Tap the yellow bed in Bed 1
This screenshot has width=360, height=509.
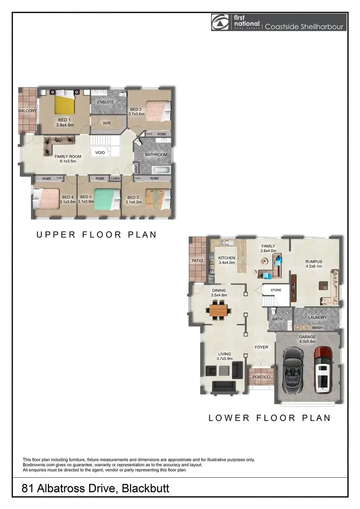pos(63,104)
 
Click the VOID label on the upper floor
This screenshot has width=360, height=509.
pos(100,153)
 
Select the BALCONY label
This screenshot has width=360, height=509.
pos(28,111)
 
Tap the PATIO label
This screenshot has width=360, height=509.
pos(198,260)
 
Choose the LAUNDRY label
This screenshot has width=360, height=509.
pos(317,318)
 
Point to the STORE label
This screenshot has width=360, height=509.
pos(276,290)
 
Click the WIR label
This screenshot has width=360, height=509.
pos(107,123)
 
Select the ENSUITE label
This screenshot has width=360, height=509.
pos(105,102)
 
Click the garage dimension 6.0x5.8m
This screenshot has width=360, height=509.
pos(307,342)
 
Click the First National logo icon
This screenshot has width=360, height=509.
pos(220,23)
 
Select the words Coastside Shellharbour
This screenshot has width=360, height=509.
pos(304,27)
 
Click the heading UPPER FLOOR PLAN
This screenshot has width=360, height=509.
pos(96,235)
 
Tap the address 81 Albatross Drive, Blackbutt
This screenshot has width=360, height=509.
pos(96,489)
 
